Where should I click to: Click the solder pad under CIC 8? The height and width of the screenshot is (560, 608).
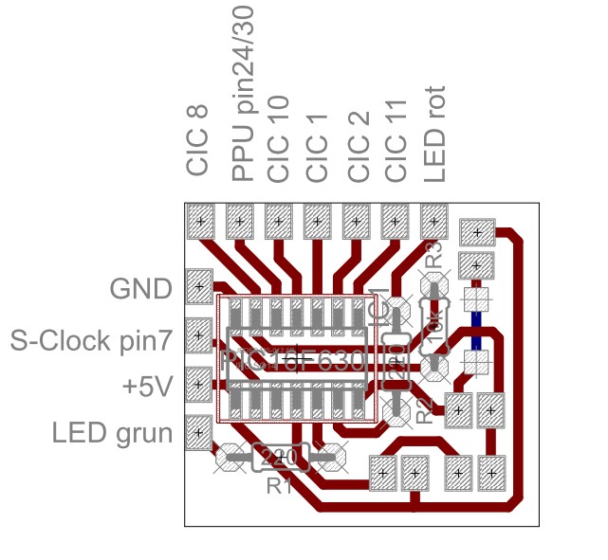point(200,224)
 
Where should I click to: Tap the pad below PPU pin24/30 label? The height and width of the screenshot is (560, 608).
point(239,224)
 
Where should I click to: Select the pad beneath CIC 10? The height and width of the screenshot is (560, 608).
point(279,224)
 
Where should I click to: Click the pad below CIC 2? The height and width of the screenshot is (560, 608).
point(357,224)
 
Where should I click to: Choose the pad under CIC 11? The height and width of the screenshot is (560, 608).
point(396,224)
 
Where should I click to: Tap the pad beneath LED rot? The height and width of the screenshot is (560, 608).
point(433,224)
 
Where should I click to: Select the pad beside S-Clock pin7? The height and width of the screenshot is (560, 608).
point(199,334)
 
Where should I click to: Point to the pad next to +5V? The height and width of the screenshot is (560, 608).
point(199,384)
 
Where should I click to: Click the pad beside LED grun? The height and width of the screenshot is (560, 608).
point(199,433)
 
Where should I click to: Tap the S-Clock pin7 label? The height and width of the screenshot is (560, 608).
point(91,338)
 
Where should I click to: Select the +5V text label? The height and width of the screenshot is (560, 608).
point(147,387)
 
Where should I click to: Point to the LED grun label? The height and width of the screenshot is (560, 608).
point(112,434)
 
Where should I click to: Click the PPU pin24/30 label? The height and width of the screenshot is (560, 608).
point(243,91)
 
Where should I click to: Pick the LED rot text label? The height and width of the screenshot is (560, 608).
point(434,135)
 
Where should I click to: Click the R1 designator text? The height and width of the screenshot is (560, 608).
point(279,487)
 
